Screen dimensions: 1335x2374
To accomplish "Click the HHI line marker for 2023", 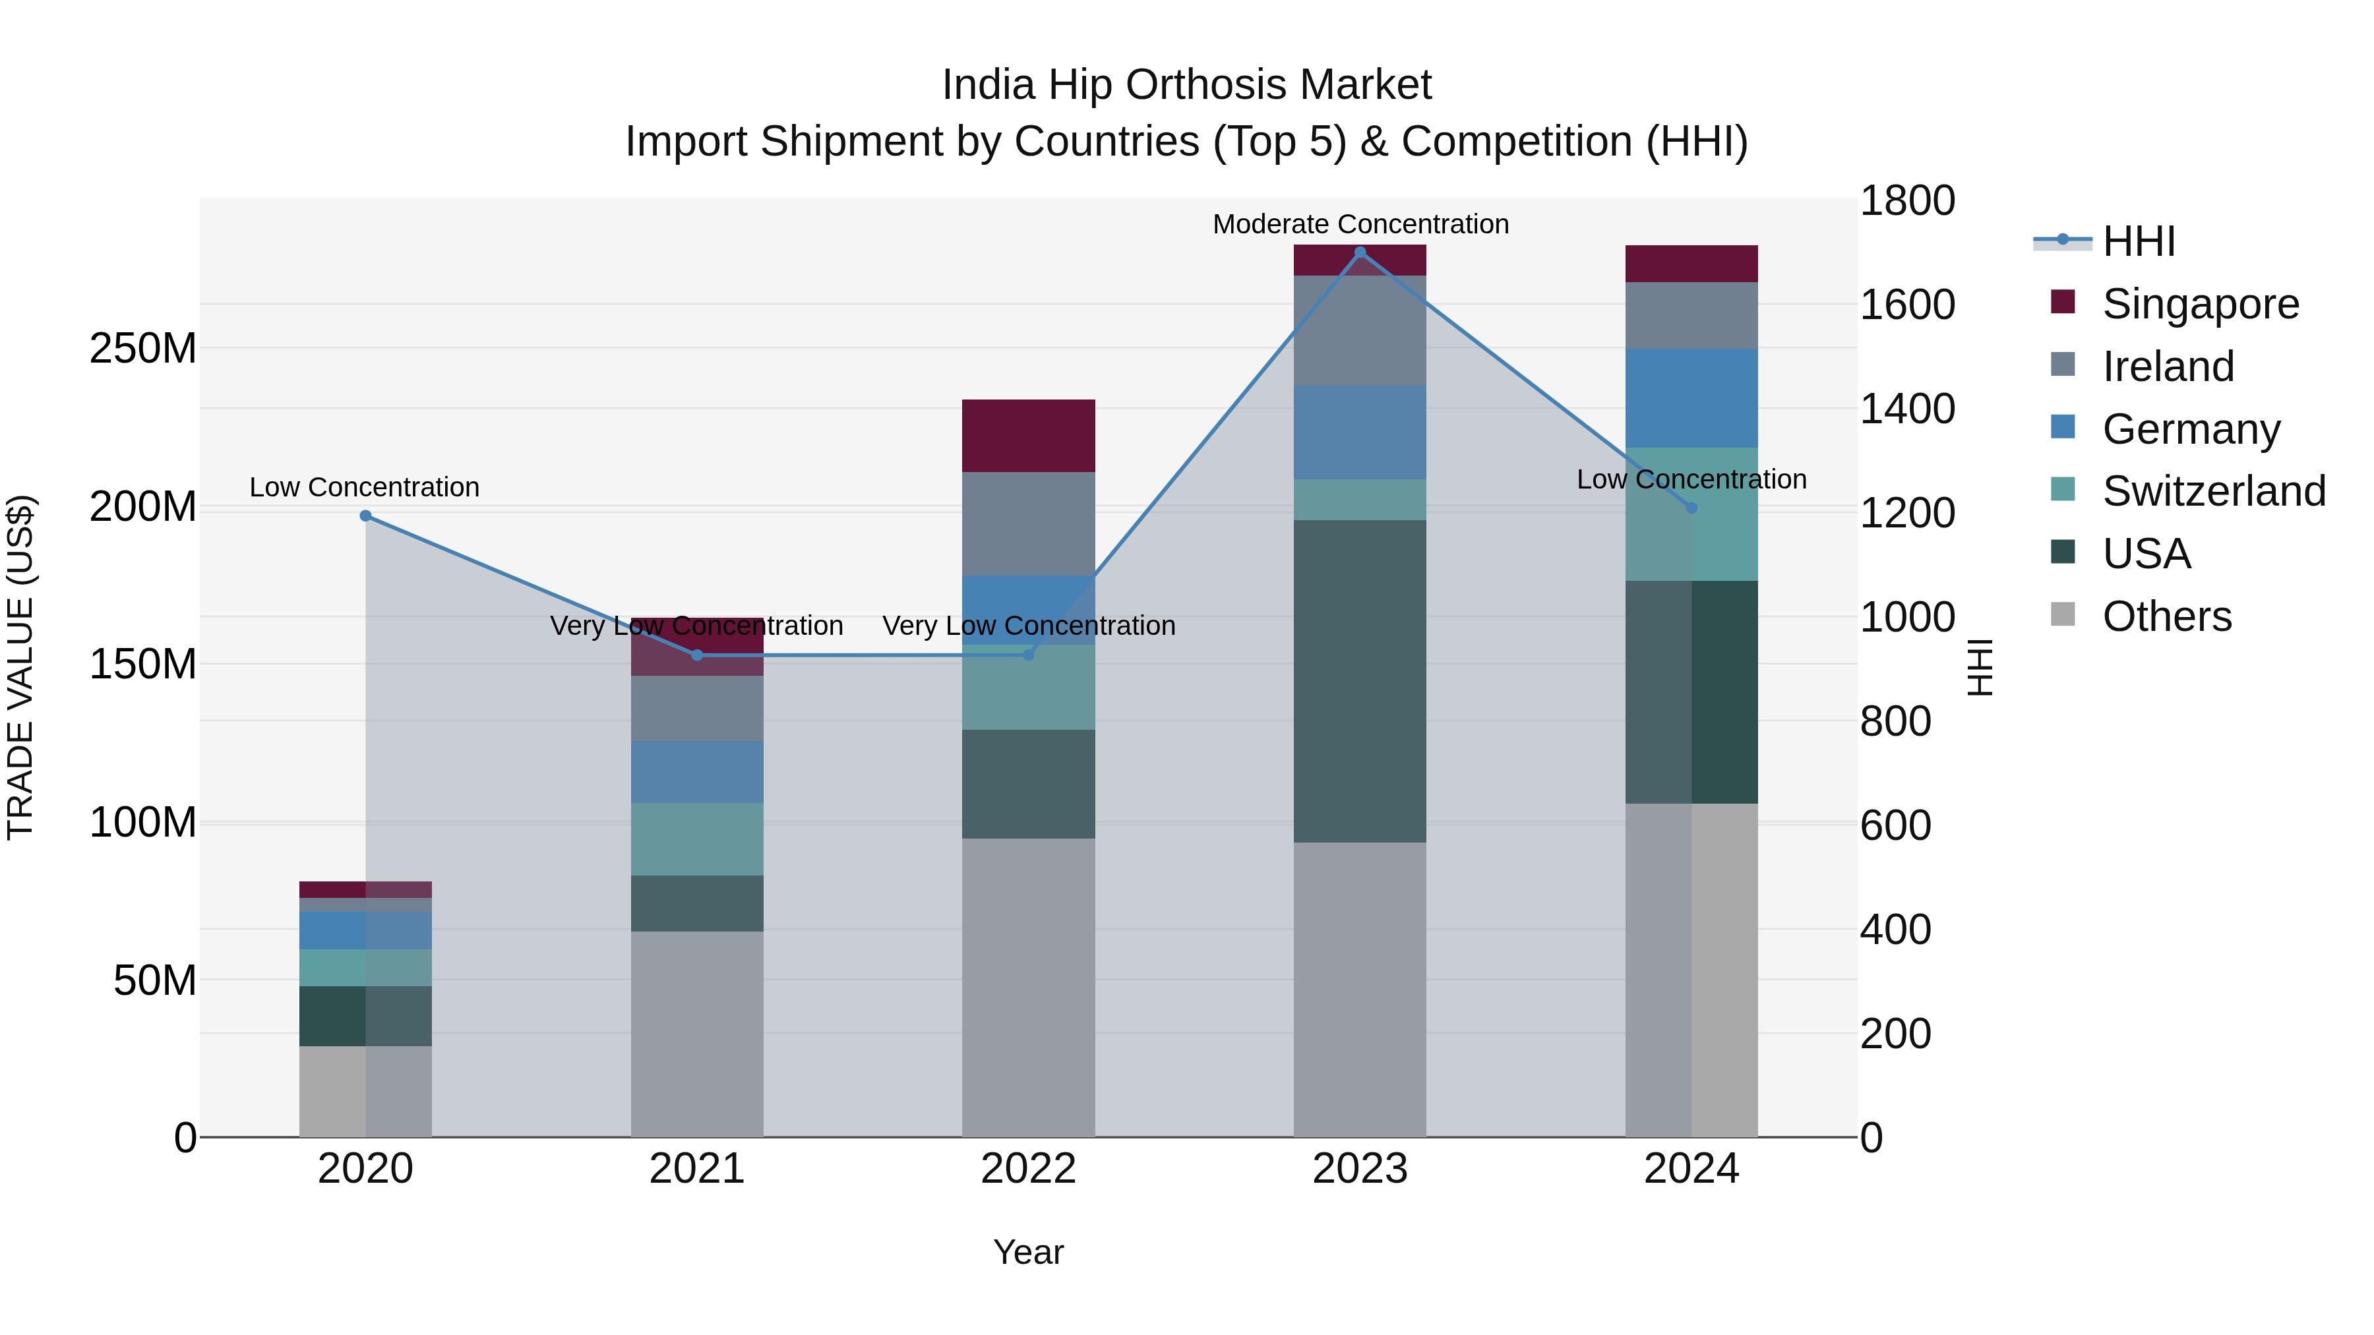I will click(x=1360, y=252).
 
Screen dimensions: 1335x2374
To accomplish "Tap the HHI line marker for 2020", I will click(x=366, y=516).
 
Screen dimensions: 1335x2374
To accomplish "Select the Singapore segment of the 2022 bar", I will click(x=1029, y=436).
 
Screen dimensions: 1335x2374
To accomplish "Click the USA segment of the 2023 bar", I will click(x=1360, y=681).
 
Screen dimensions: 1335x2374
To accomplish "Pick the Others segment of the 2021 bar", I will click(x=697, y=1034).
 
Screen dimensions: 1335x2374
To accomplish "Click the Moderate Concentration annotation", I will click(x=1360, y=224).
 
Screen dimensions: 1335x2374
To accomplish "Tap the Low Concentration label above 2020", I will click(x=365, y=487).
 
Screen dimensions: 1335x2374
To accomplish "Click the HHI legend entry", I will click(x=2138, y=241).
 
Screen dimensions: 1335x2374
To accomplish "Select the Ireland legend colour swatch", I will click(x=2063, y=365).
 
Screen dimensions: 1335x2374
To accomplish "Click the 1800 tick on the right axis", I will click(x=1906, y=201).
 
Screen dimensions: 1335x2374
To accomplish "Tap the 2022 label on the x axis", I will click(x=1029, y=1169).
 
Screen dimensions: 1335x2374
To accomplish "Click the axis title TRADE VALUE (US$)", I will click(x=20, y=667).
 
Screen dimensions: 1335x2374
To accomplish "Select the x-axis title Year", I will click(x=1029, y=1252).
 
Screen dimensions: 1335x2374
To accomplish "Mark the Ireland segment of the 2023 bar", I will click(x=1360, y=331).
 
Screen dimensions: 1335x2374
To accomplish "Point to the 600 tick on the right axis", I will click(x=1895, y=825).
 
